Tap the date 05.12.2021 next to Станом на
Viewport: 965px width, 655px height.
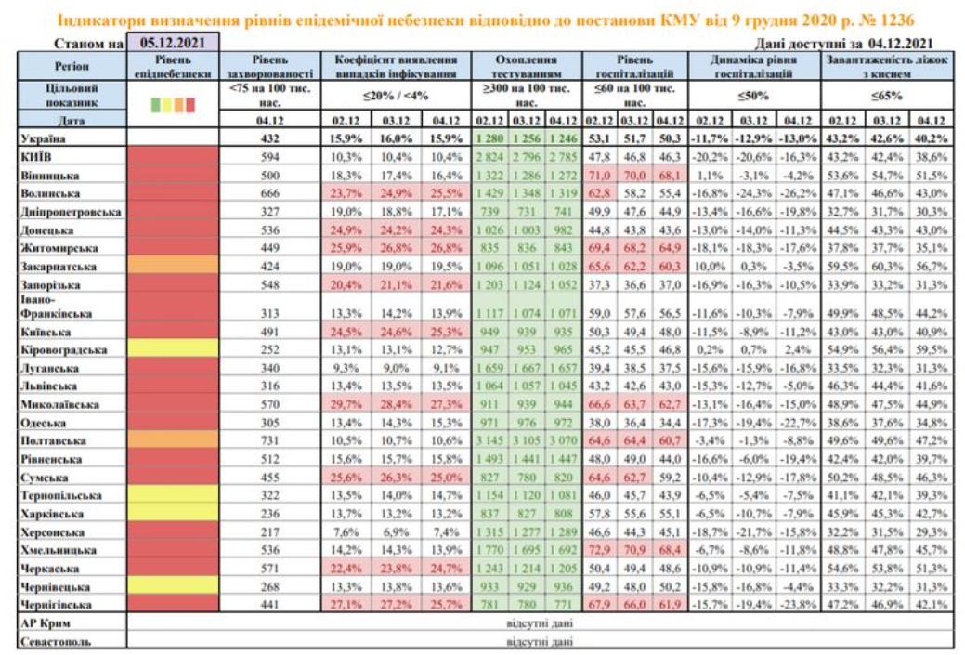174,42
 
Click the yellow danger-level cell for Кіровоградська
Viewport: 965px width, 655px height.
174,350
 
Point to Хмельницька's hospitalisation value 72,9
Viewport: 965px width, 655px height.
599,550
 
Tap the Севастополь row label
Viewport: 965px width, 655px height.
57,641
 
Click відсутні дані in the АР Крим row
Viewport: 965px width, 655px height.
540,623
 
